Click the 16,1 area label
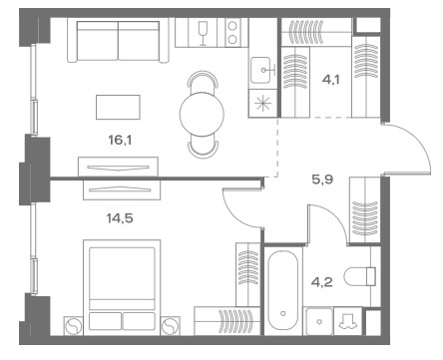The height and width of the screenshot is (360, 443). pos(120,141)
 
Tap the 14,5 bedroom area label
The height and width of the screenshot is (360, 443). pos(120,218)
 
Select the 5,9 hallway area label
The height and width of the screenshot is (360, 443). pos(322,180)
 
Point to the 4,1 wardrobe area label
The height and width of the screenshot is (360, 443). pos(331,80)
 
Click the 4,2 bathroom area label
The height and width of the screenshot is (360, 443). pos(322,282)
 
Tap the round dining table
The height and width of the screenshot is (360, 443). pos(202,114)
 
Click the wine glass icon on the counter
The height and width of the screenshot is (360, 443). pos(203,33)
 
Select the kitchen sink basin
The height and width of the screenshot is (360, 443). pos(260,70)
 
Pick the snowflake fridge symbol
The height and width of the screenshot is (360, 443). pos(262,103)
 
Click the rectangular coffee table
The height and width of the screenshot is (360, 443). pos(118,107)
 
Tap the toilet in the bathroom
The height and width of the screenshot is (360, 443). pos(360,276)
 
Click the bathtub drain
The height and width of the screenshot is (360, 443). pos(283,313)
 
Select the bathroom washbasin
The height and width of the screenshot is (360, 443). pos(319,321)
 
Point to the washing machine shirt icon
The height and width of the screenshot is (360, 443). pos(347,321)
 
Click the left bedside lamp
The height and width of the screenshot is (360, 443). pos(73,326)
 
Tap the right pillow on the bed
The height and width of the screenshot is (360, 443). pos(139,321)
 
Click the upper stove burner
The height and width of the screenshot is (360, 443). pos(232,26)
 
